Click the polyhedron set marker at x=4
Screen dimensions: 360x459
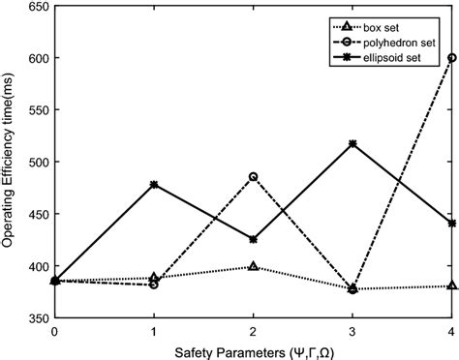point(451,58)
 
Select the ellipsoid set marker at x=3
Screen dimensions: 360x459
point(352,143)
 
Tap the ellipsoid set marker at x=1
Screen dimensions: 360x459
point(154,184)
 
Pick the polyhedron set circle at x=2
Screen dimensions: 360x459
point(254,177)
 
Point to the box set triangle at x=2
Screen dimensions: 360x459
point(254,266)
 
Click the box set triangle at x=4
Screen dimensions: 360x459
point(451,285)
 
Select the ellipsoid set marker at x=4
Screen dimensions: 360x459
point(451,223)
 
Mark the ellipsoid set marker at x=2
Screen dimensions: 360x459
point(254,239)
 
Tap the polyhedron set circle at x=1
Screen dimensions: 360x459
point(154,285)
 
